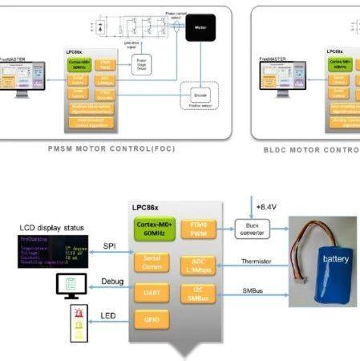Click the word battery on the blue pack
pos(336,259)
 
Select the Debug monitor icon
pos(72,284)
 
